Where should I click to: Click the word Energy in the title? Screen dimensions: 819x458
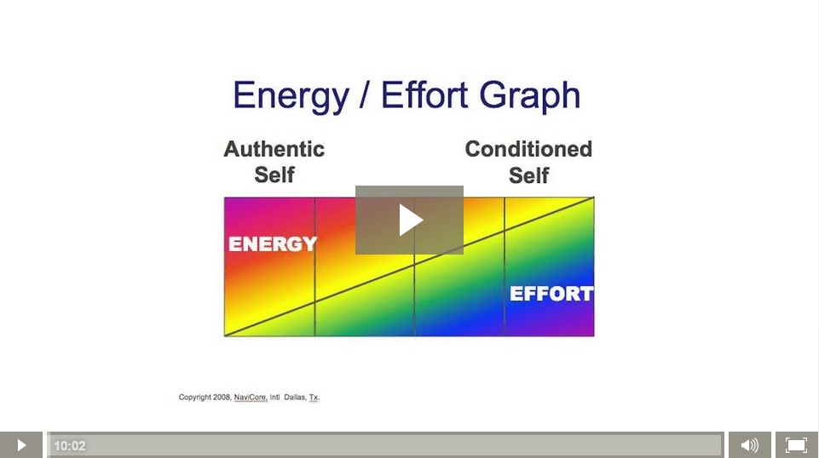coord(291,96)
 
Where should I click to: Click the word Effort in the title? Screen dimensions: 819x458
coord(424,95)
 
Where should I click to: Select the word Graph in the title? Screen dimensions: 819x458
coord(529,96)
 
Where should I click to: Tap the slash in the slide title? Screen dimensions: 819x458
coord(365,95)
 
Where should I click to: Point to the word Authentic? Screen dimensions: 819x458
coord(274,149)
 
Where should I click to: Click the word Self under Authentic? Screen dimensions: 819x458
coord(274,175)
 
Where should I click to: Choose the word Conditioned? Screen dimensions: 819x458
coord(528,149)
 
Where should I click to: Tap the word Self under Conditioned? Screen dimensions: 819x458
coord(528,175)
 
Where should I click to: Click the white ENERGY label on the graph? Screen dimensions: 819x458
coord(273,243)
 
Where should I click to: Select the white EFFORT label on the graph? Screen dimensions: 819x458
coord(551,294)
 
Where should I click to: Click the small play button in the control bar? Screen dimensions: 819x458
coord(21,445)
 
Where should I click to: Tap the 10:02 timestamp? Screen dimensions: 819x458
coord(70,446)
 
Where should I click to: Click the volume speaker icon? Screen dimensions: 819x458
coord(749,445)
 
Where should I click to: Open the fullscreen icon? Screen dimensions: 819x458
coord(797,445)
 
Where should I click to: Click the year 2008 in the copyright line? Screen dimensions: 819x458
coord(222,397)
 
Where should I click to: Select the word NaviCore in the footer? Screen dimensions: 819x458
coord(251,398)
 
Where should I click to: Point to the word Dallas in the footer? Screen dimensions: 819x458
coord(295,397)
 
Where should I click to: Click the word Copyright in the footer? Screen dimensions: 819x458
coord(194,398)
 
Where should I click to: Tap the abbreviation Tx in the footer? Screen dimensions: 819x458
coord(314,398)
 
